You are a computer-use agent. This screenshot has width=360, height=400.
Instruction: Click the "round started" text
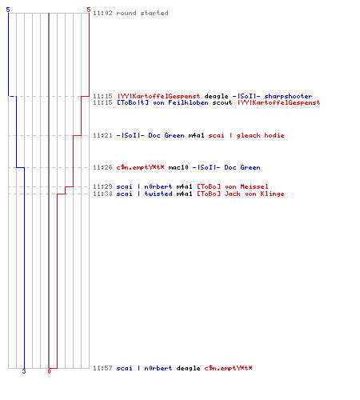(x=142, y=13)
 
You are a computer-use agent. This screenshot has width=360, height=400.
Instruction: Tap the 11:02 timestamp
(x=102, y=13)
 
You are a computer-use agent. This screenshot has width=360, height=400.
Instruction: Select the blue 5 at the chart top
(x=8, y=10)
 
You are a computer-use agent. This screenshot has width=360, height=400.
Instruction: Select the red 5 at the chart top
(x=89, y=10)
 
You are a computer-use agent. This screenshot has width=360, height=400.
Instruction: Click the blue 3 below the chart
(x=24, y=371)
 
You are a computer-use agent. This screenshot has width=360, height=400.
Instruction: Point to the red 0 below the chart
(x=49, y=371)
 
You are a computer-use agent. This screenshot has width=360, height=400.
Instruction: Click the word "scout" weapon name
(x=222, y=102)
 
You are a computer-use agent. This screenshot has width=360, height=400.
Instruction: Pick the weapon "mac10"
(x=178, y=167)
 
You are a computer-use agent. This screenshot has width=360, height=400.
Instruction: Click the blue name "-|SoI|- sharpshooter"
(x=272, y=96)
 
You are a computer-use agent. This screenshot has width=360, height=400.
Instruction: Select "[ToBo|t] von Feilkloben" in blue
(x=162, y=102)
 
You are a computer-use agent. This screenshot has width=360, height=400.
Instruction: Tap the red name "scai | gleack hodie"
(x=246, y=135)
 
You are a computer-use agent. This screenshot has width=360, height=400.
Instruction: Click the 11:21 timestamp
(x=102, y=135)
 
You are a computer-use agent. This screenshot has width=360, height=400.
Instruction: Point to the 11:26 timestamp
(x=102, y=167)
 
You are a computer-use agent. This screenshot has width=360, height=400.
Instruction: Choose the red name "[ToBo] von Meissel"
(x=233, y=186)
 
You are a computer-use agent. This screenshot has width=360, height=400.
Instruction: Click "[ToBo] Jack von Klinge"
(x=241, y=194)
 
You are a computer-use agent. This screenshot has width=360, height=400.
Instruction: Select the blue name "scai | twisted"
(x=145, y=194)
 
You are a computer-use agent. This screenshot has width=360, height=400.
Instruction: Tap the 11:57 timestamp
(x=102, y=368)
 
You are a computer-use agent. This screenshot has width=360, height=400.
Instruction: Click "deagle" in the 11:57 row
(x=188, y=369)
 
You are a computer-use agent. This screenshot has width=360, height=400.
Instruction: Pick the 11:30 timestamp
(x=102, y=194)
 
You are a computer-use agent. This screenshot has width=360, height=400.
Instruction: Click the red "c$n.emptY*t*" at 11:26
(x=140, y=167)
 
